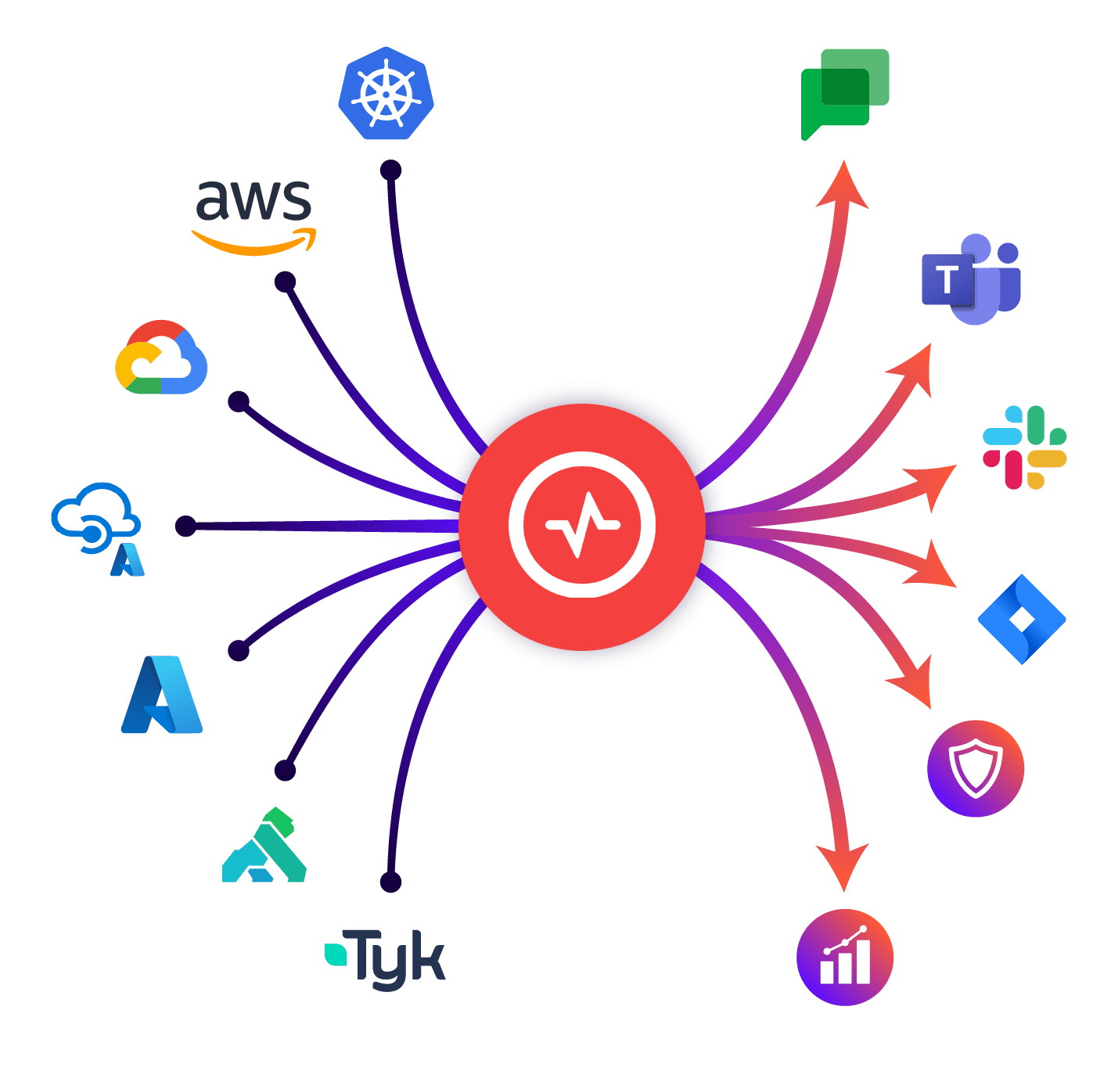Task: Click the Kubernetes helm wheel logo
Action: tap(386, 93)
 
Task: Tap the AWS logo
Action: tap(253, 214)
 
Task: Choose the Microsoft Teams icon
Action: tap(971, 279)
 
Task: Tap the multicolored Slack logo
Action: tap(1024, 447)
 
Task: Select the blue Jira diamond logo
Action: tap(1022, 620)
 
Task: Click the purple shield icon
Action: tap(976, 768)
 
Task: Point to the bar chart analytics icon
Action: tap(845, 957)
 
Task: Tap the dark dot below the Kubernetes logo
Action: tap(391, 171)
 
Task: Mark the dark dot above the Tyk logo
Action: tap(390, 882)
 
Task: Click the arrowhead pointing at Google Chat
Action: tap(843, 185)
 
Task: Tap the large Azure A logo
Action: tap(162, 695)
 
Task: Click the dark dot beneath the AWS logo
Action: tap(285, 282)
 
